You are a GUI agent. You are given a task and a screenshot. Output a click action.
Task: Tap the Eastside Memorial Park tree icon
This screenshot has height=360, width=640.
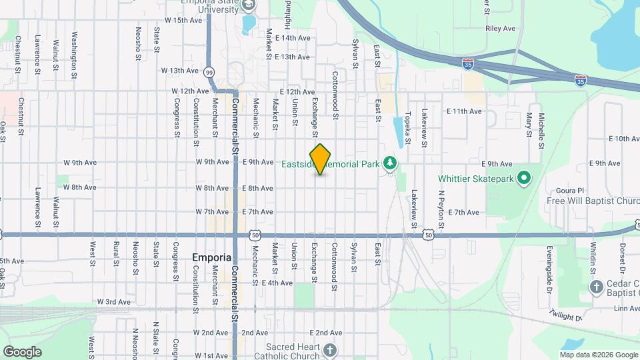[x=390, y=163]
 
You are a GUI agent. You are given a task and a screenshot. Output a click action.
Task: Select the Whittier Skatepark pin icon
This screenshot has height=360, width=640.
[x=523, y=178]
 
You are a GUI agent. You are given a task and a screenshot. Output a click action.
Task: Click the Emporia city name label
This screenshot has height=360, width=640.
[x=211, y=257]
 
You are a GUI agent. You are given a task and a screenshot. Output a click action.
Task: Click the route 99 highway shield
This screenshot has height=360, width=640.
[x=209, y=72]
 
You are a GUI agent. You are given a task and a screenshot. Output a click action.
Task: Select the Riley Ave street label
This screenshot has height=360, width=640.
[x=501, y=29]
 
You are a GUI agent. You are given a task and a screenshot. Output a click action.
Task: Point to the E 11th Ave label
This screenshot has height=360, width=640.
[x=464, y=111]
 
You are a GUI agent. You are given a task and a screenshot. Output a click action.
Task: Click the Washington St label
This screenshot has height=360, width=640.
[x=74, y=45]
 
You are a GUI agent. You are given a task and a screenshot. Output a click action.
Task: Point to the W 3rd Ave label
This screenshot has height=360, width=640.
[x=114, y=302]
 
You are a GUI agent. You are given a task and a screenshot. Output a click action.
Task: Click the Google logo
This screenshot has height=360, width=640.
[x=22, y=351]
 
